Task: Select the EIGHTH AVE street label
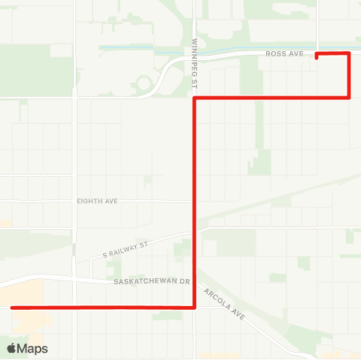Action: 98,201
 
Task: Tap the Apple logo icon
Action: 11,348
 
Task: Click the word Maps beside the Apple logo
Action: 33,349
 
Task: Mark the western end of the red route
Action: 12,307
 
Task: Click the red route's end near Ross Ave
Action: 317,56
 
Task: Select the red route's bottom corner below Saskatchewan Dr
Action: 195,307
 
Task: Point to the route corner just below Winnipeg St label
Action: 195,98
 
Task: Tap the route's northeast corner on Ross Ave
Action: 349,53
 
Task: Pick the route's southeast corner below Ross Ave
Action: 349,97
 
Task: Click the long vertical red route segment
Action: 195,203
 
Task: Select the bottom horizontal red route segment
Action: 105,307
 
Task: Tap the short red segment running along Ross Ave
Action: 333,53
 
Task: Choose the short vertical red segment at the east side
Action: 349,75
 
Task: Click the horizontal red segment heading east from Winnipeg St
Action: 271,98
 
